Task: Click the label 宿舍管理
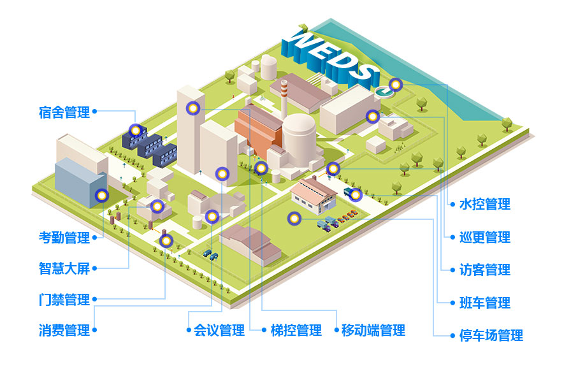[64, 112]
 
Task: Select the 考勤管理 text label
[64, 238]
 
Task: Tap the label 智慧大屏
[64, 268]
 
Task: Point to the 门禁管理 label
[64, 299]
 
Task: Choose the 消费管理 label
[64, 330]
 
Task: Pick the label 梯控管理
[296, 330]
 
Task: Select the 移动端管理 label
[373, 330]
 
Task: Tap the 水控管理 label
[484, 205]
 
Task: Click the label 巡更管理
[484, 237]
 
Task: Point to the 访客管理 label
[484, 270]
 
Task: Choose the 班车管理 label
[484, 302]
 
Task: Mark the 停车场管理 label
[491, 335]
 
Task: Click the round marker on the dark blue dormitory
[135, 130]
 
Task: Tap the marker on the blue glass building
[100, 196]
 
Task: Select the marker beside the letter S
[395, 84]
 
